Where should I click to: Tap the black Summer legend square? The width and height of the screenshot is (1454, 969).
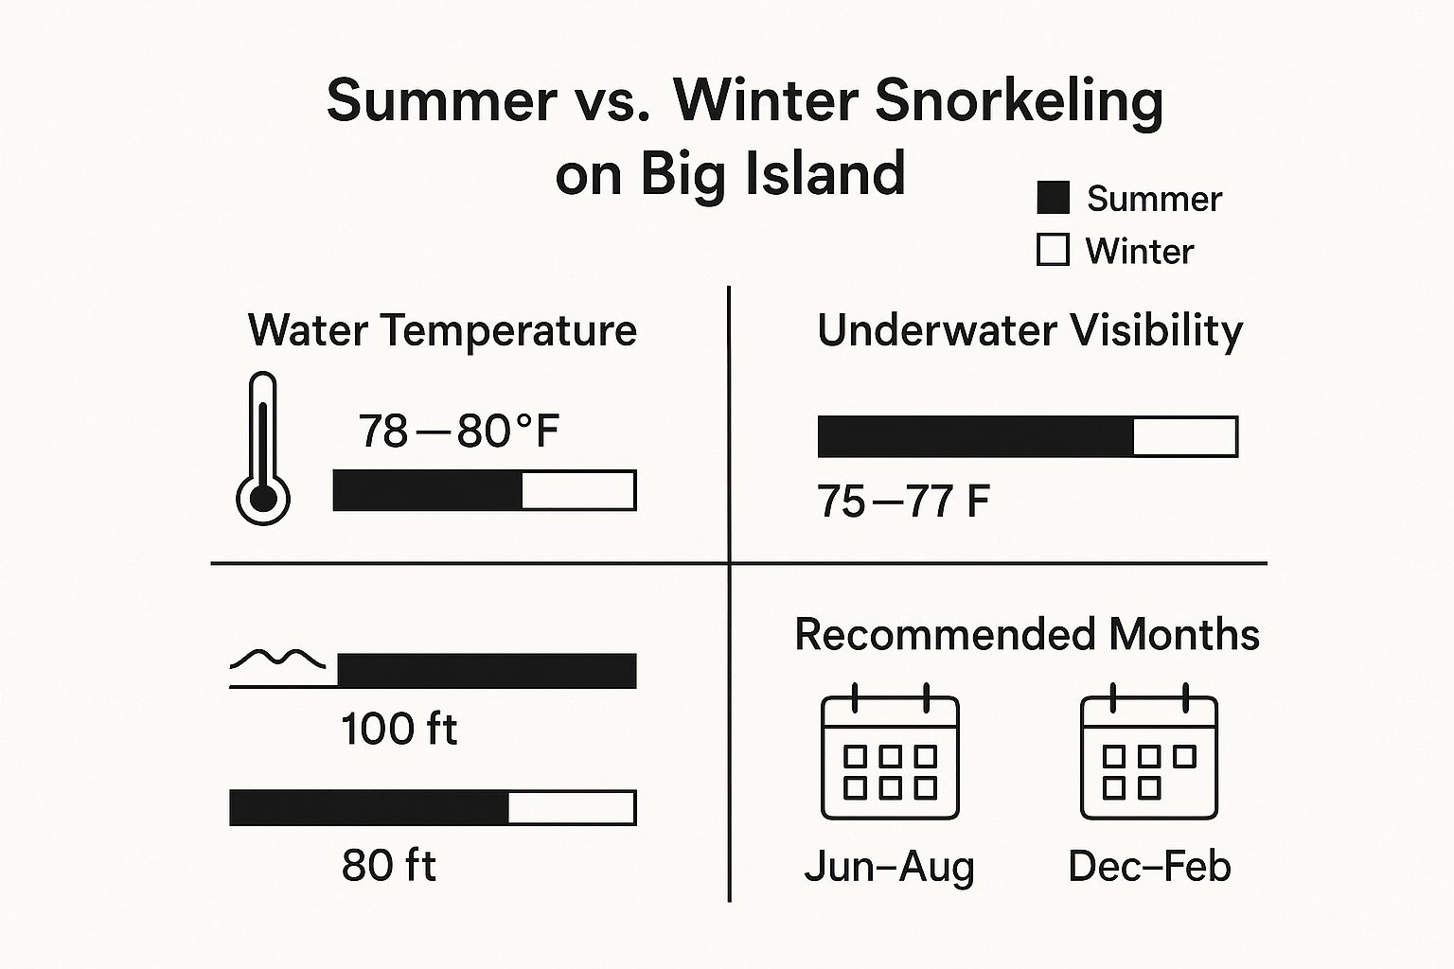coord(1053,198)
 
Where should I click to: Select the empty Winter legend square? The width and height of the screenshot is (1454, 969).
coord(1053,250)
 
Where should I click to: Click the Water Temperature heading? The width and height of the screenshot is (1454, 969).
coord(442,331)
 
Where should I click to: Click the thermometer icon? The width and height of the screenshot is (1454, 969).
coord(263,449)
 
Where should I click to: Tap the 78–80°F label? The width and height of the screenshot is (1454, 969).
coord(458,431)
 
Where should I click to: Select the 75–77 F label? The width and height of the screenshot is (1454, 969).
coord(902,501)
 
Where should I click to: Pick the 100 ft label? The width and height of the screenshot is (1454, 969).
coord(399,729)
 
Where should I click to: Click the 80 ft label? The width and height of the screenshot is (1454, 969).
coord(388,865)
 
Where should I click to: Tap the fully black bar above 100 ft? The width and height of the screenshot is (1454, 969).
coord(487,671)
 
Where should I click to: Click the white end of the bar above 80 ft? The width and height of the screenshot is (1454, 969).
coord(571,807)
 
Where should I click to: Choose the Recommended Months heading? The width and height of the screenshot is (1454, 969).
coord(1027,634)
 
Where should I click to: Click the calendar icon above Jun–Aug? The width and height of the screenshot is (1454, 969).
coord(890,751)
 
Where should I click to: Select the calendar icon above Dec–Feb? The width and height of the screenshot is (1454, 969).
coord(1149,751)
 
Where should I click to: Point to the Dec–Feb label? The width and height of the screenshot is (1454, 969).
coord(1149,866)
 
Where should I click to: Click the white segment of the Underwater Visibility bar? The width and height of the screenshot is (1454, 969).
coord(1185,437)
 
